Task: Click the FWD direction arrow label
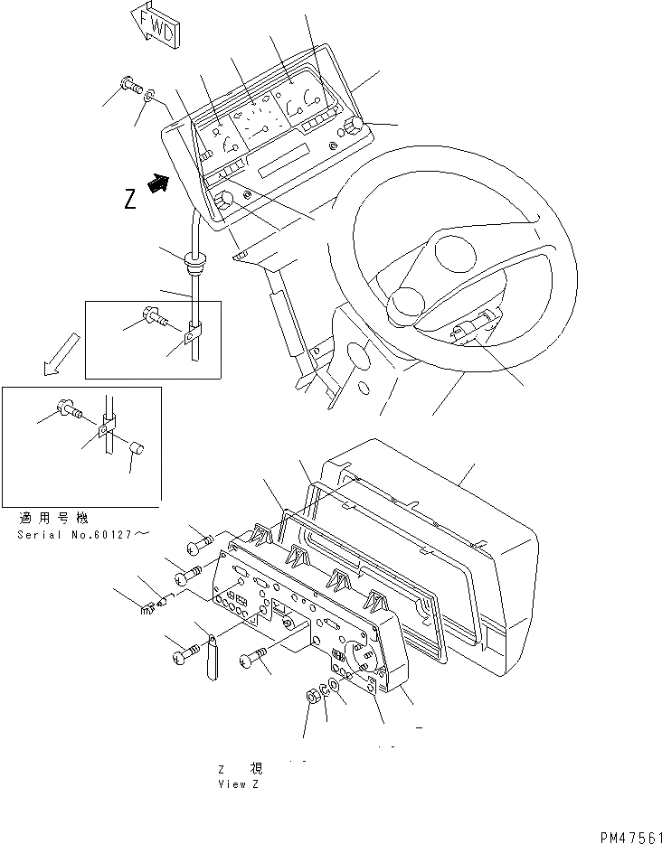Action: pyautogui.click(x=155, y=24)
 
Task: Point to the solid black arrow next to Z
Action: pyautogui.click(x=159, y=184)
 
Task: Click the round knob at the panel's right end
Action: pyautogui.click(x=354, y=127)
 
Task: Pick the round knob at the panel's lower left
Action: pyautogui.click(x=224, y=200)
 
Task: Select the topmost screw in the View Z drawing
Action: pyautogui.click(x=201, y=542)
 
